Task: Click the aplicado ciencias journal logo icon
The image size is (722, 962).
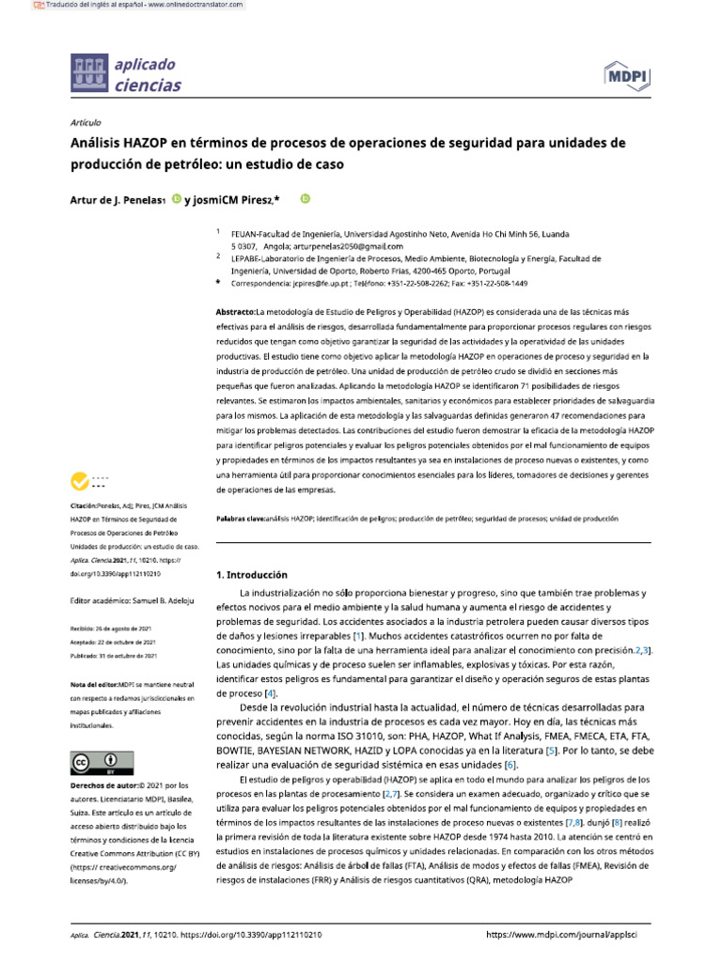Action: (89, 75)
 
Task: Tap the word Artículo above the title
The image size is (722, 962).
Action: (86, 123)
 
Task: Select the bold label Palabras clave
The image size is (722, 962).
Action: (241, 518)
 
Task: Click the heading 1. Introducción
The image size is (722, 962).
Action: (252, 574)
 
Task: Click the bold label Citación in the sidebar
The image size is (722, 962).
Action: (91, 505)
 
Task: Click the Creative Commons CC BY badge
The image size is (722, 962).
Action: (95, 761)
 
